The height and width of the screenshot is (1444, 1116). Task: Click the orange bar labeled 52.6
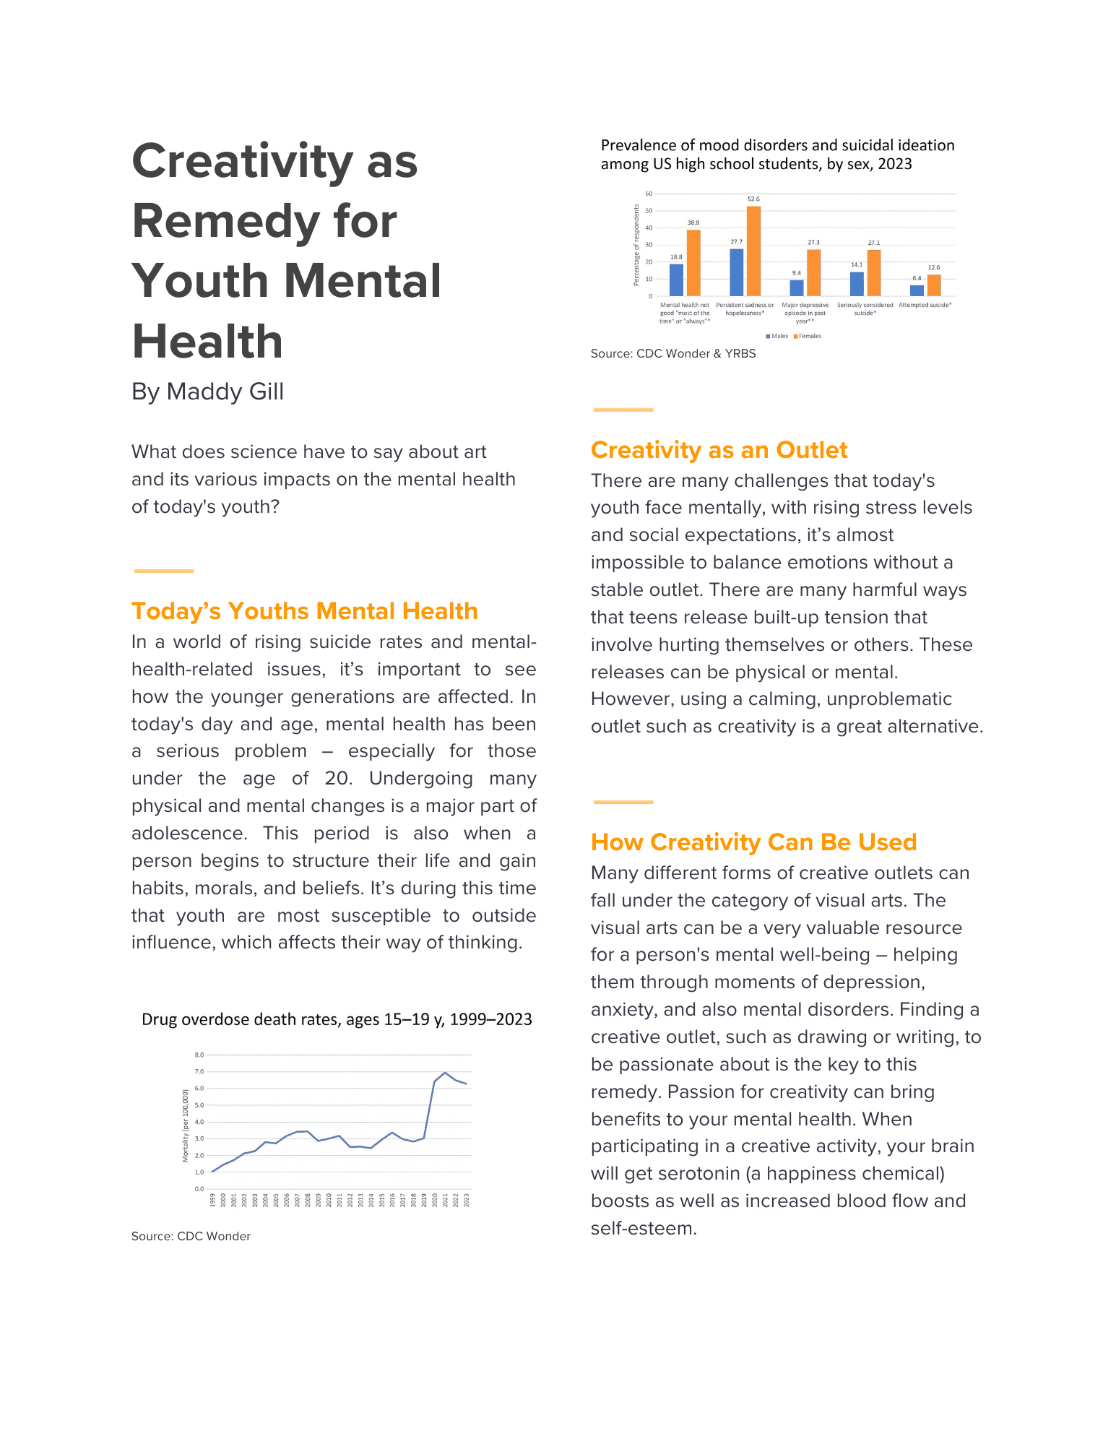pos(753,251)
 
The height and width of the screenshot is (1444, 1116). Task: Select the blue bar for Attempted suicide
pos(917,290)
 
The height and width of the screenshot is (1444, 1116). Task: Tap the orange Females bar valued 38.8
pos(693,263)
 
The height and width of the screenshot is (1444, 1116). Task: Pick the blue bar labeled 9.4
pos(797,287)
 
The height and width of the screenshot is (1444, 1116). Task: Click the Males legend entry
pos(777,336)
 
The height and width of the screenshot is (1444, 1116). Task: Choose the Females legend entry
pos(808,336)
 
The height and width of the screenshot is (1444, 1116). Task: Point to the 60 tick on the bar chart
pos(649,194)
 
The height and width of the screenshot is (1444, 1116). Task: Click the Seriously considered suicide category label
pos(865,309)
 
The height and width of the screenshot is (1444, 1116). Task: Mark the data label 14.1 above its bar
pos(857,265)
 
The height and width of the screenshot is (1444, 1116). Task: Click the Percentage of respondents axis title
pos(636,245)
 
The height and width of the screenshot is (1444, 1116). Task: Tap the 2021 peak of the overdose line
pos(445,1073)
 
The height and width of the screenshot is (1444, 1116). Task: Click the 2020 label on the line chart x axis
pos(435,1200)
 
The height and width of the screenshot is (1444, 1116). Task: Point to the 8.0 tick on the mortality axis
pos(199,1055)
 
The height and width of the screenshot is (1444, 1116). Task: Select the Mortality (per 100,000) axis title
pos(186,1125)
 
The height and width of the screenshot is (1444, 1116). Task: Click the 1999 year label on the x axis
pos(213,1200)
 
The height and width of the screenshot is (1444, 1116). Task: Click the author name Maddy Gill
pos(225,392)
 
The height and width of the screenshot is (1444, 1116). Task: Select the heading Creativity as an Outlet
pos(719,450)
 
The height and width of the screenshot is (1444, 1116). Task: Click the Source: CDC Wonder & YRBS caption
pos(673,354)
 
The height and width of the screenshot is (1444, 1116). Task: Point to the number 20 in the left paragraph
pos(337,779)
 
